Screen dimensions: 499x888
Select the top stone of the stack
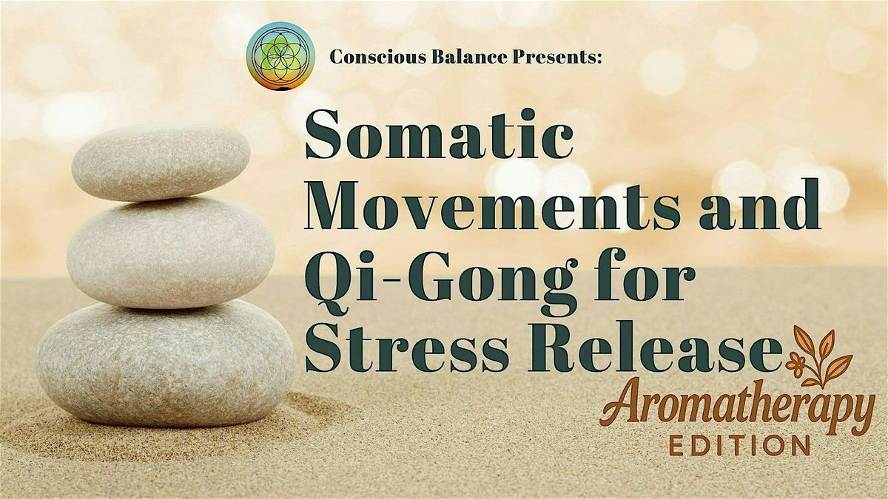click(161, 162)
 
